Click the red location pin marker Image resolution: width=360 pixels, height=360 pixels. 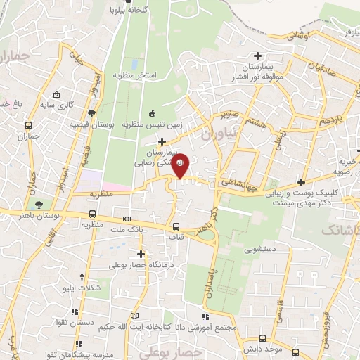pyautogui.click(x=180, y=165)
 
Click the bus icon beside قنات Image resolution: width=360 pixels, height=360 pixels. pyautogui.click(x=176, y=227)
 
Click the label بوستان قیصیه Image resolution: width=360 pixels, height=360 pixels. pyautogui.click(x=91, y=124)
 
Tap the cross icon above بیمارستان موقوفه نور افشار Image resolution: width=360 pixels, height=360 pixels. pyautogui.click(x=258, y=56)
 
